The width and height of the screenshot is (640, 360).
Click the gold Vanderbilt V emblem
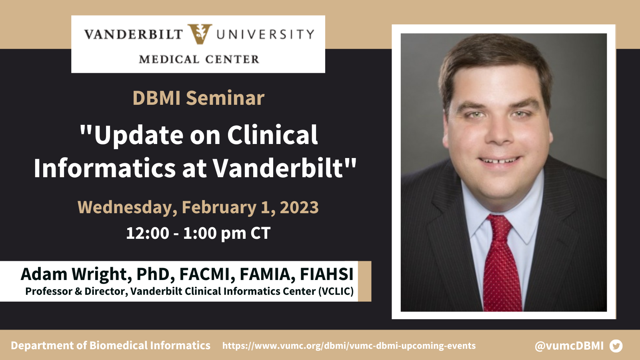[x=200, y=34]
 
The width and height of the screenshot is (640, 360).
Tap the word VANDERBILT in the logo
[x=134, y=34]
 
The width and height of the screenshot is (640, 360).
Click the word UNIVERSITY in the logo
[x=265, y=34]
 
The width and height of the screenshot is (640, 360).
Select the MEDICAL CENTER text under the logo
[x=199, y=60]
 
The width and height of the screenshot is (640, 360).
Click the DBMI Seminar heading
[x=198, y=98]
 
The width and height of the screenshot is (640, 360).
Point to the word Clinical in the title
[x=272, y=135]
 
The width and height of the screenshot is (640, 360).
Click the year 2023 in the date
[x=299, y=207]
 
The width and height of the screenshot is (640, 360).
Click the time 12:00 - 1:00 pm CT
[x=198, y=233]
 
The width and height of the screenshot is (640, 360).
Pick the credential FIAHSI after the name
[x=326, y=274]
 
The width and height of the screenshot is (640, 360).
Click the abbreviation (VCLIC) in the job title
[x=336, y=292]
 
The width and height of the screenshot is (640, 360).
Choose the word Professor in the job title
[x=48, y=292]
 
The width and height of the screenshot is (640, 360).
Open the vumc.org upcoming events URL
[x=349, y=346]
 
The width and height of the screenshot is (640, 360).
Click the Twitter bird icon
[x=616, y=346]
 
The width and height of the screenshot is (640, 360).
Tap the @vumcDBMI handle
[x=569, y=346]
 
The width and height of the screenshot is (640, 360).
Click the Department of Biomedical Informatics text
[x=110, y=346]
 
